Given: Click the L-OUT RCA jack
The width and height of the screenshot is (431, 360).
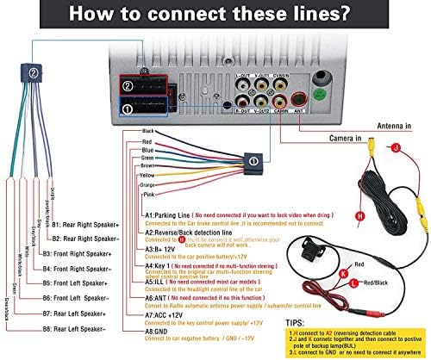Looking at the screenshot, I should [x=242, y=86].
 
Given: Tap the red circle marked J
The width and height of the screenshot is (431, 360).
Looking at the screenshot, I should [x=396, y=148].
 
